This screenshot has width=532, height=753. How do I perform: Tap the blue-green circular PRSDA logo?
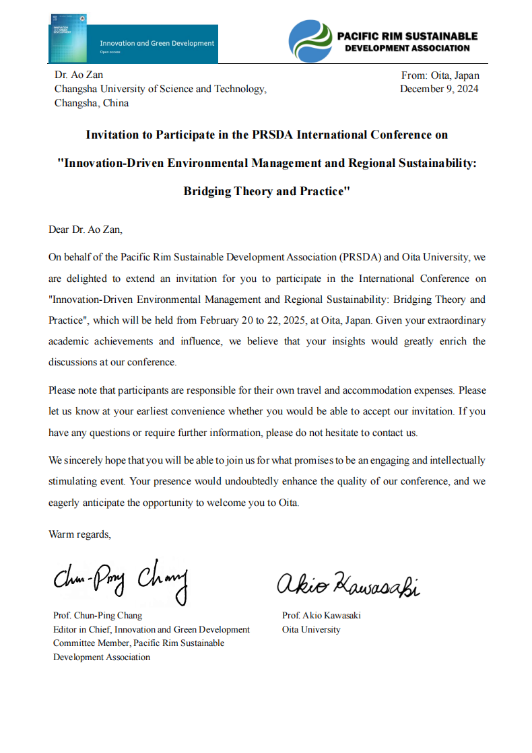(x=310, y=41)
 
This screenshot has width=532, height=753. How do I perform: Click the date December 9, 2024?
(x=439, y=89)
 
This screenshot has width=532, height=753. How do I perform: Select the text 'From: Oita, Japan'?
(x=440, y=75)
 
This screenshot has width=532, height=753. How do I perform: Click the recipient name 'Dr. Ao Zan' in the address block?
(x=79, y=75)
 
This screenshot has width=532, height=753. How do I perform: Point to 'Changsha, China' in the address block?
(x=92, y=103)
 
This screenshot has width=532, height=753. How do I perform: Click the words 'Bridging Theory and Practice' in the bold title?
(x=267, y=191)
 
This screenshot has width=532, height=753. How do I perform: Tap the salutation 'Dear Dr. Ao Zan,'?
(x=86, y=229)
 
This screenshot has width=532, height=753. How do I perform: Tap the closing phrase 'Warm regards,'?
(x=79, y=534)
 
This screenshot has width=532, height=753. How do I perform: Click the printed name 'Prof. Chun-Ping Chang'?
(x=98, y=615)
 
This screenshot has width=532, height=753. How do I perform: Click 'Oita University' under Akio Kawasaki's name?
(x=311, y=629)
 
